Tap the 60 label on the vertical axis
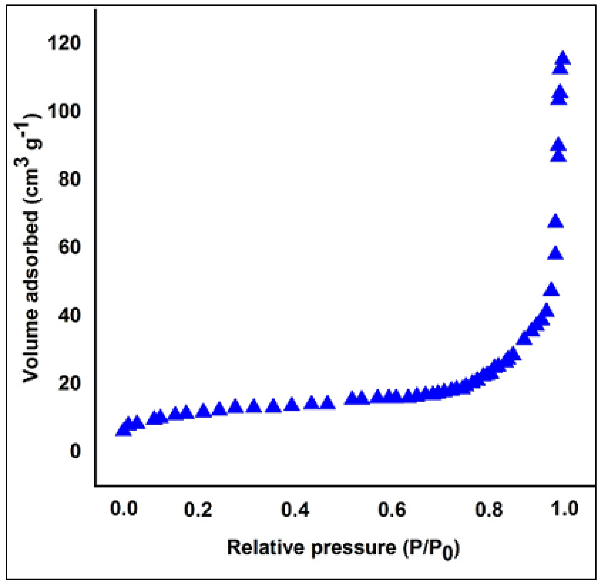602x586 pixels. click(x=69, y=247)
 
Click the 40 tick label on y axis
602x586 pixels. click(x=69, y=315)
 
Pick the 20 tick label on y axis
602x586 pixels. click(x=69, y=383)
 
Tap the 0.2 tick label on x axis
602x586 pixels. click(x=198, y=509)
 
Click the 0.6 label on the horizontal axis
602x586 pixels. click(x=392, y=509)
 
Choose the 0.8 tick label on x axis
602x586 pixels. click(x=489, y=509)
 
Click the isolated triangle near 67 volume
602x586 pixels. click(x=556, y=221)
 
